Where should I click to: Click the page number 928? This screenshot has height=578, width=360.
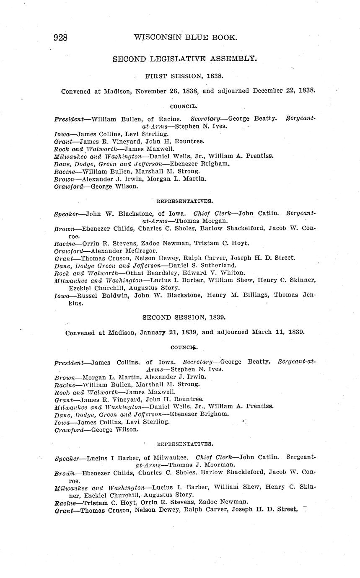(61, 38)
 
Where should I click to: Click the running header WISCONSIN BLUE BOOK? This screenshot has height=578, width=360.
(185, 38)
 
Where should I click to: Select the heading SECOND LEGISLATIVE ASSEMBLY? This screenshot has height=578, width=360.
(184, 59)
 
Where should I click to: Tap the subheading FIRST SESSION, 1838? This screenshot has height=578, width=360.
(184, 76)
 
